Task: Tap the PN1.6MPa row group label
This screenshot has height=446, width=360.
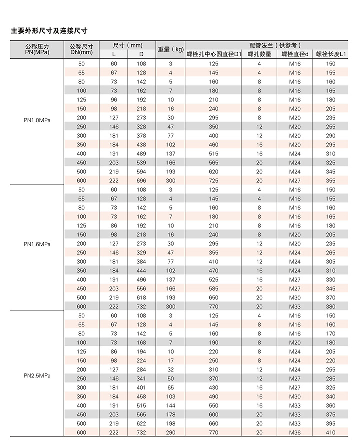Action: [x=37, y=244]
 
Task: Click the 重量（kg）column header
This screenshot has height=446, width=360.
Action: [x=171, y=49]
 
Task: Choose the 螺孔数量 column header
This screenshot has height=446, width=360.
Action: [x=259, y=54]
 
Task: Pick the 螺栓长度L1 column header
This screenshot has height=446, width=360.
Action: [x=330, y=54]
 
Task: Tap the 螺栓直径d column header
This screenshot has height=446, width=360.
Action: [x=295, y=54]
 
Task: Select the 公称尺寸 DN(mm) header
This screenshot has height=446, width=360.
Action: [x=81, y=49]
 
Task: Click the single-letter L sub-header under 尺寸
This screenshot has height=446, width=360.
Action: [x=114, y=54]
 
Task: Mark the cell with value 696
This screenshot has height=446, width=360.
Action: [x=141, y=180]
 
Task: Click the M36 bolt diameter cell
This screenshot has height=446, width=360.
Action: [x=295, y=432]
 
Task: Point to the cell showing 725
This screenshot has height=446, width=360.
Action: [x=214, y=180]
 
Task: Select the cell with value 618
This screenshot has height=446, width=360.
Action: [x=141, y=297]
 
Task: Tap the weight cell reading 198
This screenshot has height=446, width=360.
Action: [x=170, y=423]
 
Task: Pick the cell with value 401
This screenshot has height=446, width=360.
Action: [x=141, y=387]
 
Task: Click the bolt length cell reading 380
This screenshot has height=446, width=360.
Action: [x=330, y=306]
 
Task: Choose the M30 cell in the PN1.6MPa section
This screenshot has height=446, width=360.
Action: [x=295, y=297]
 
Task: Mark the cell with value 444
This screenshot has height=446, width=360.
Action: [x=141, y=270]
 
